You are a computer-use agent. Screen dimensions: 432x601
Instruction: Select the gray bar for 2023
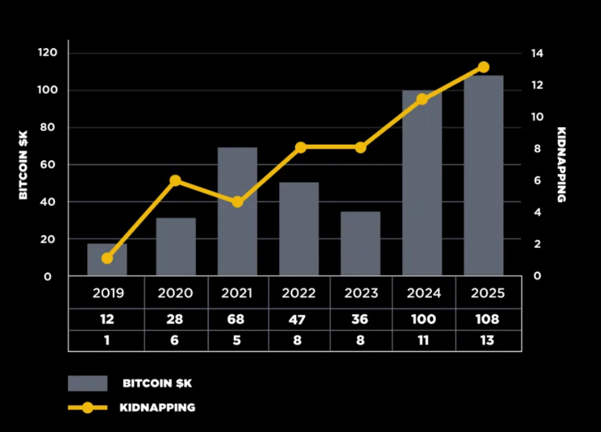[x=360, y=244]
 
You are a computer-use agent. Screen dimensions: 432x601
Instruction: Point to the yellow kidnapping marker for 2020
[x=175, y=181]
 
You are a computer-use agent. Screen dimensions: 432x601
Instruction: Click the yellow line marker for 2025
[x=483, y=67]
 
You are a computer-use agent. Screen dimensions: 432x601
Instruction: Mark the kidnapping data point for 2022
[x=301, y=148]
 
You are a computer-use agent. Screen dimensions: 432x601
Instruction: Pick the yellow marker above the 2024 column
[x=422, y=99]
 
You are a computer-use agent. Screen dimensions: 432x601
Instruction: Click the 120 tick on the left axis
[x=47, y=53]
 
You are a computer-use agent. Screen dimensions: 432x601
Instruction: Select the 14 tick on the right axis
[x=537, y=53]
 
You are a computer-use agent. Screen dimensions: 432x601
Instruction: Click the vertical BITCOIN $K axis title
[x=23, y=166]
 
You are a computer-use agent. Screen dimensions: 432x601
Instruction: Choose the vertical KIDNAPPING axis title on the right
[x=562, y=164]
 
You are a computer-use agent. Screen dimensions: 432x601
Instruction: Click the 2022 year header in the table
[x=299, y=293]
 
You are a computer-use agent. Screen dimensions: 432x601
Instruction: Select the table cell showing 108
[x=487, y=320]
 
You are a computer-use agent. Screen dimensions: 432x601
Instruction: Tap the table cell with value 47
[x=298, y=320]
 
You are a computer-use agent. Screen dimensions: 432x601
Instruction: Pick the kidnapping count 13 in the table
[x=487, y=340]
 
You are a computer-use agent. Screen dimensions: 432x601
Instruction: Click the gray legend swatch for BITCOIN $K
[x=88, y=383]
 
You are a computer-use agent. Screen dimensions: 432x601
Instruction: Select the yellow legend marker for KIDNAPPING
[x=88, y=408]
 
